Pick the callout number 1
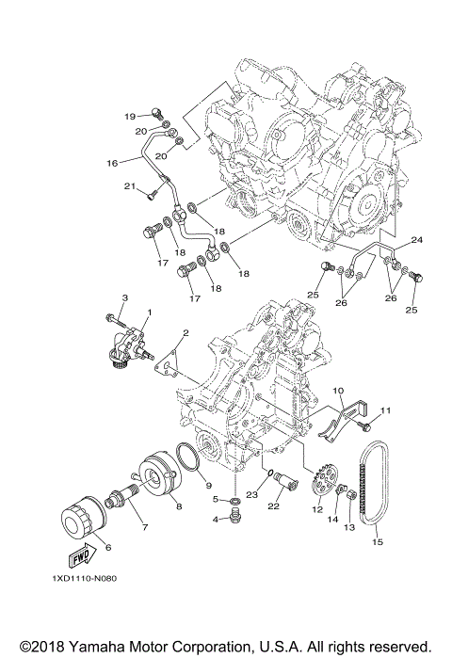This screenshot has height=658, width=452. point(148,312)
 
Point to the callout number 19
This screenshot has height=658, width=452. point(131,115)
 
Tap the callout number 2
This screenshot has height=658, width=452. point(186,332)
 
